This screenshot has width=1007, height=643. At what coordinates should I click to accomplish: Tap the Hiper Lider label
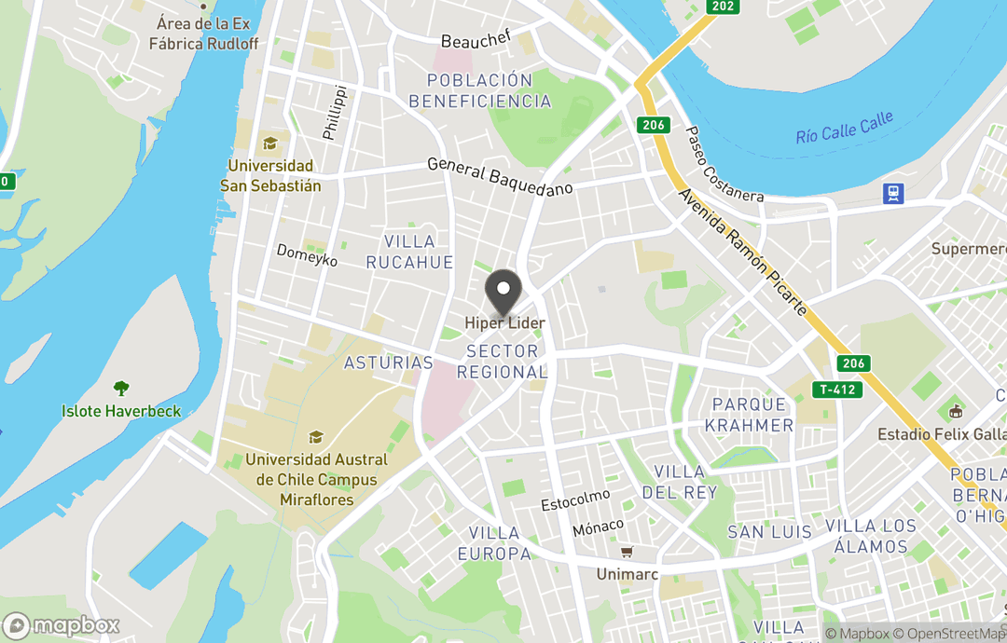(x=505, y=323)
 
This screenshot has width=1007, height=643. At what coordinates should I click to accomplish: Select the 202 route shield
(x=723, y=7)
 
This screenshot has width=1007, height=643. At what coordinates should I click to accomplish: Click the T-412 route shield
(x=836, y=390)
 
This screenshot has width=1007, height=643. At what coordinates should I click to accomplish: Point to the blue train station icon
(x=894, y=193)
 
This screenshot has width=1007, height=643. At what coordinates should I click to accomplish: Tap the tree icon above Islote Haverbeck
(x=120, y=389)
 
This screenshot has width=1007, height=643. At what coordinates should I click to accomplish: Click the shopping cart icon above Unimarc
(x=627, y=553)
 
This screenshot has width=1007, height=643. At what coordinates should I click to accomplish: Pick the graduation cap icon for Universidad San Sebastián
(x=270, y=144)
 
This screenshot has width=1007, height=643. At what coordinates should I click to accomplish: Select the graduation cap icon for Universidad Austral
(x=316, y=438)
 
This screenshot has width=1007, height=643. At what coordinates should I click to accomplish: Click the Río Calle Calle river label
(x=844, y=129)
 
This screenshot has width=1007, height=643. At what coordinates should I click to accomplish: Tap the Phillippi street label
(x=334, y=113)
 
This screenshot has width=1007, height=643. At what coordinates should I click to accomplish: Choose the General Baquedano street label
(x=500, y=176)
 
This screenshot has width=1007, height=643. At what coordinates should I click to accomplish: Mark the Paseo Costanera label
(x=724, y=166)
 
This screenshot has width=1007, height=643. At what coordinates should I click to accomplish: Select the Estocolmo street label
(x=576, y=500)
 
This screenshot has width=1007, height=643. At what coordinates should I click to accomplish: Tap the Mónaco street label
(x=598, y=527)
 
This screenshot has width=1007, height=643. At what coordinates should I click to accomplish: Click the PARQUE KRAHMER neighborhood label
(x=750, y=415)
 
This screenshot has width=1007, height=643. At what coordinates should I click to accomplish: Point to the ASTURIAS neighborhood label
(x=388, y=363)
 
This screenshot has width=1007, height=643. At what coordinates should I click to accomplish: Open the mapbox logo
(x=62, y=625)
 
